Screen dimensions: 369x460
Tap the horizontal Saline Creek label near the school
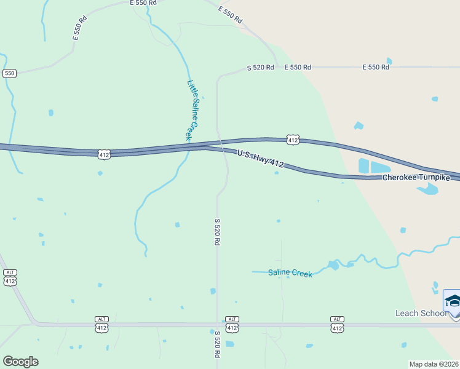(x=290, y=272)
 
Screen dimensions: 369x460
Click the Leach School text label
(x=421, y=313)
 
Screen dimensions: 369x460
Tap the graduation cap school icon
(x=453, y=301)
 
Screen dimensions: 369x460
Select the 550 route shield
(x=9, y=73)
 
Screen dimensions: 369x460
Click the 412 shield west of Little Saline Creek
(x=104, y=155)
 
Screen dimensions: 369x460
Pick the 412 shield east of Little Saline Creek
(x=293, y=140)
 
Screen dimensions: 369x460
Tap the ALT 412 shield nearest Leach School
(x=337, y=325)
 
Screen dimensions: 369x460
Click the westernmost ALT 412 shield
(x=9, y=278)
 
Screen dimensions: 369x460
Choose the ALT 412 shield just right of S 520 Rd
(x=232, y=325)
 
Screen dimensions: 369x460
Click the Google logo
(x=20, y=361)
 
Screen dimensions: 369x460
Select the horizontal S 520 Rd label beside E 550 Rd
(x=260, y=67)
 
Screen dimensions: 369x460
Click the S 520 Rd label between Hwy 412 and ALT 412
(x=216, y=232)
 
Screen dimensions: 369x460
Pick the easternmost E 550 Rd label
(x=375, y=67)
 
